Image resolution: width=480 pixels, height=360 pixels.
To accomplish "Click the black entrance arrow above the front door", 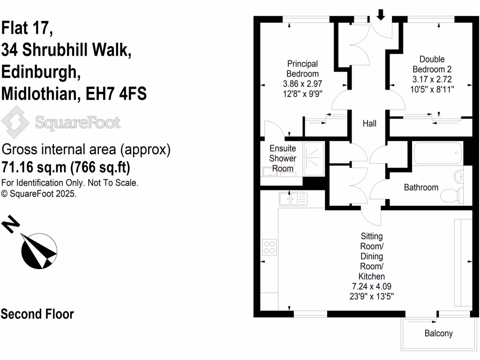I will click(381, 15).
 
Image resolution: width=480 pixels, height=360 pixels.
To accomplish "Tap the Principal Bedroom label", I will click(302, 68).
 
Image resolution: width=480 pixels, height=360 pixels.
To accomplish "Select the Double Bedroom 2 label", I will click(432, 64).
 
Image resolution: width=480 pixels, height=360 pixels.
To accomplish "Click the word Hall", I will click(369, 124).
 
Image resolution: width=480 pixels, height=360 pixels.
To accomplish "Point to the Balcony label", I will click(438, 334).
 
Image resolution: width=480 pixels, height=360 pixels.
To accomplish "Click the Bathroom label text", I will click(421, 187).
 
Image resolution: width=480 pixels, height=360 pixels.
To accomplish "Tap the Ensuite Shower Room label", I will click(282, 158).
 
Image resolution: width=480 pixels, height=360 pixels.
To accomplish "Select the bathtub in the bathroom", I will click(437, 153).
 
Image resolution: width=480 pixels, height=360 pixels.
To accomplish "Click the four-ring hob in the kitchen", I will click(270, 247).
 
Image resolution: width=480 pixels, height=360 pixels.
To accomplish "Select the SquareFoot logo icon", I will click(16, 122).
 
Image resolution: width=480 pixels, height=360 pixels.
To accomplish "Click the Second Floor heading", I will click(37, 314).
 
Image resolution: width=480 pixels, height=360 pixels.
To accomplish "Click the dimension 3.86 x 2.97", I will click(302, 84).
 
